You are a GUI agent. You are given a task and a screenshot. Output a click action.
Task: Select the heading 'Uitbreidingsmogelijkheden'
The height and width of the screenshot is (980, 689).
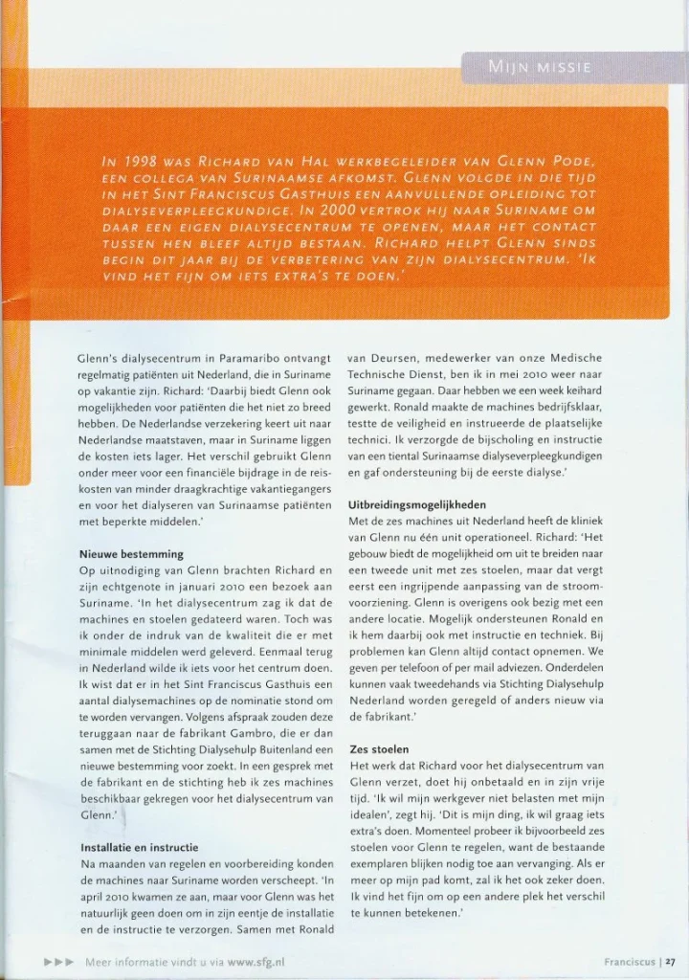[419, 505]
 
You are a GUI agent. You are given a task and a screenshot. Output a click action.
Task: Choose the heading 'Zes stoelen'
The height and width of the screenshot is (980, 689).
[380, 749]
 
